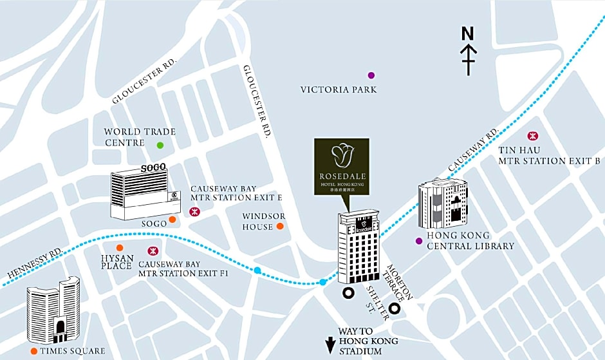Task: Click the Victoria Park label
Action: coord(339,90)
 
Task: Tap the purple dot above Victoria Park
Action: coord(371,75)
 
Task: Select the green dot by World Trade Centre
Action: coord(160,146)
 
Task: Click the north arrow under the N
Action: coord(469,58)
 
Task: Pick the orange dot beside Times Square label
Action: coord(33,351)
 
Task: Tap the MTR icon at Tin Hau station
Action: coord(532,136)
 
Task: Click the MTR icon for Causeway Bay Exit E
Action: coord(193,211)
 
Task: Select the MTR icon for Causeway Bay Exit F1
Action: coord(153,251)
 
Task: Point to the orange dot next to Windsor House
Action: coord(280,226)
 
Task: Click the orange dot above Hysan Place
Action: coord(119,247)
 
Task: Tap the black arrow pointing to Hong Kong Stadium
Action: coord(330,346)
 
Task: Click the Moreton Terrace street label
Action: coord(398,282)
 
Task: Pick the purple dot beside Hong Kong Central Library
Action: coord(419,241)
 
